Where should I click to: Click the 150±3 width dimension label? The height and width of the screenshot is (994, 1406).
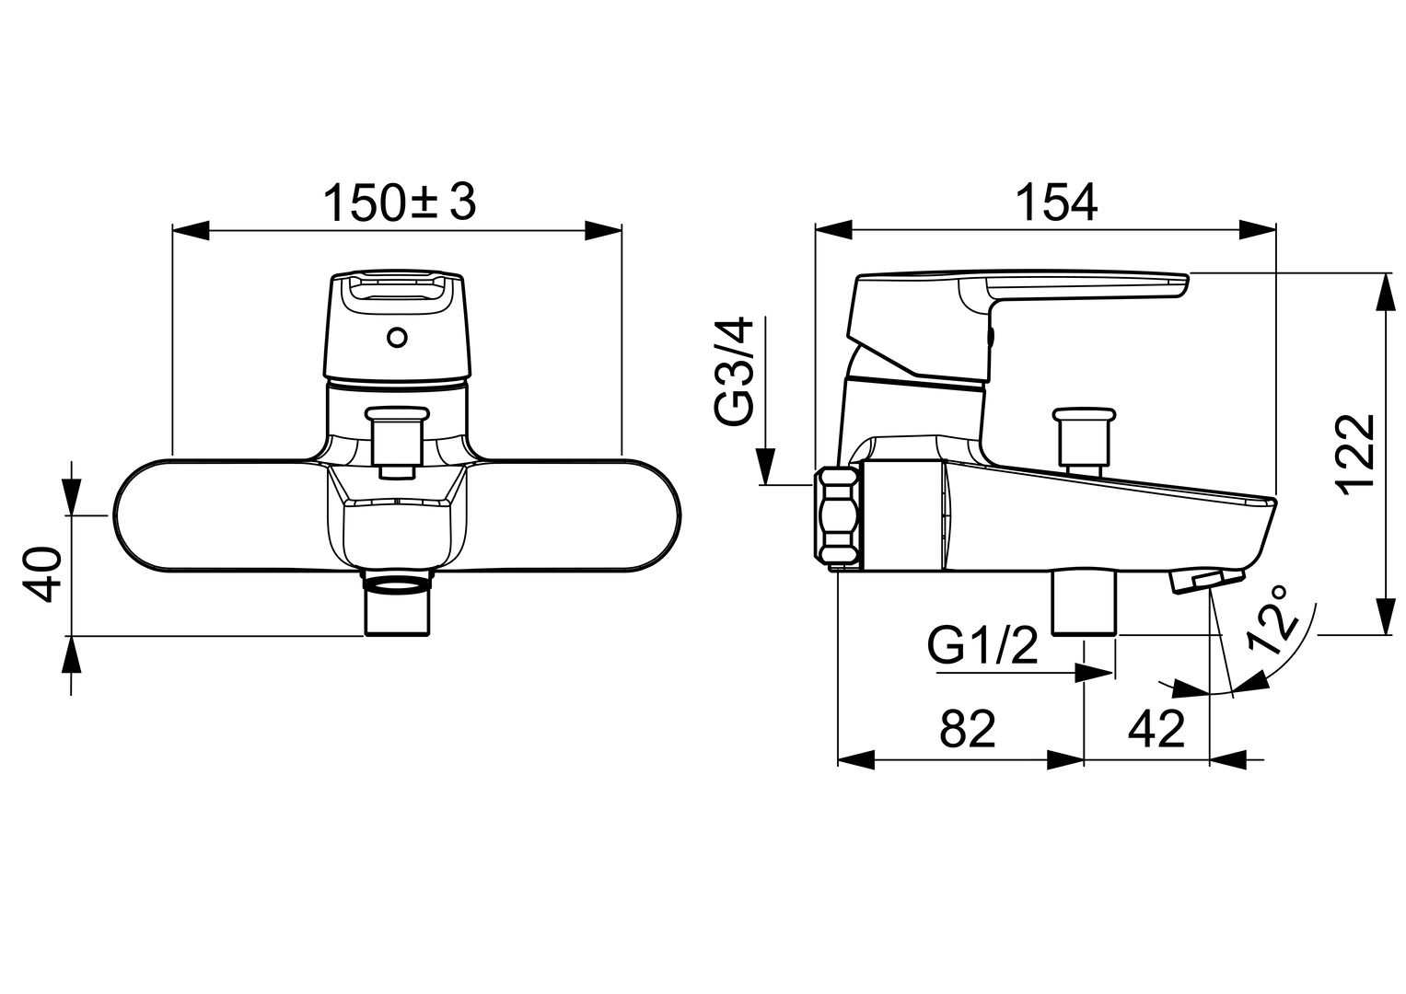coord(400,202)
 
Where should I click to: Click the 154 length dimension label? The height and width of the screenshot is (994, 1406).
coord(1056,202)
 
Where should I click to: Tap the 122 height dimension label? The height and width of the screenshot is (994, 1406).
coord(1356,455)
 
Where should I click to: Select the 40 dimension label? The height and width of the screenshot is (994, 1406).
coord(42,575)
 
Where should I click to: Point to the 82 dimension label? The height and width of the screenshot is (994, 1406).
coord(967,729)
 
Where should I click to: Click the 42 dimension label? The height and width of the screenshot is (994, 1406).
coord(1156,729)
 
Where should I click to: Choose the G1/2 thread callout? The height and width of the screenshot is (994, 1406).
coord(982,646)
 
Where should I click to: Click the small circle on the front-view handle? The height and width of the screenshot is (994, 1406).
coord(397,339)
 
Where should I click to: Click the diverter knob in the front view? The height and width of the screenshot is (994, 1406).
coord(398,443)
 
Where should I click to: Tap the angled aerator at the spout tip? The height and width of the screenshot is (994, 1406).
coord(1206,580)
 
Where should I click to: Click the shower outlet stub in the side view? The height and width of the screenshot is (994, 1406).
coord(1085,604)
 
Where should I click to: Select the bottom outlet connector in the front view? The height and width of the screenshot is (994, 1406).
coord(398,604)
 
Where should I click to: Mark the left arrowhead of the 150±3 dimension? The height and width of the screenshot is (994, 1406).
coord(191,230)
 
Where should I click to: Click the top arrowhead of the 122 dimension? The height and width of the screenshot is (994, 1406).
coord(1386,291)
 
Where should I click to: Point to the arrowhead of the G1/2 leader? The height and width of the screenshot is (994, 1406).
coord(1095,674)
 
